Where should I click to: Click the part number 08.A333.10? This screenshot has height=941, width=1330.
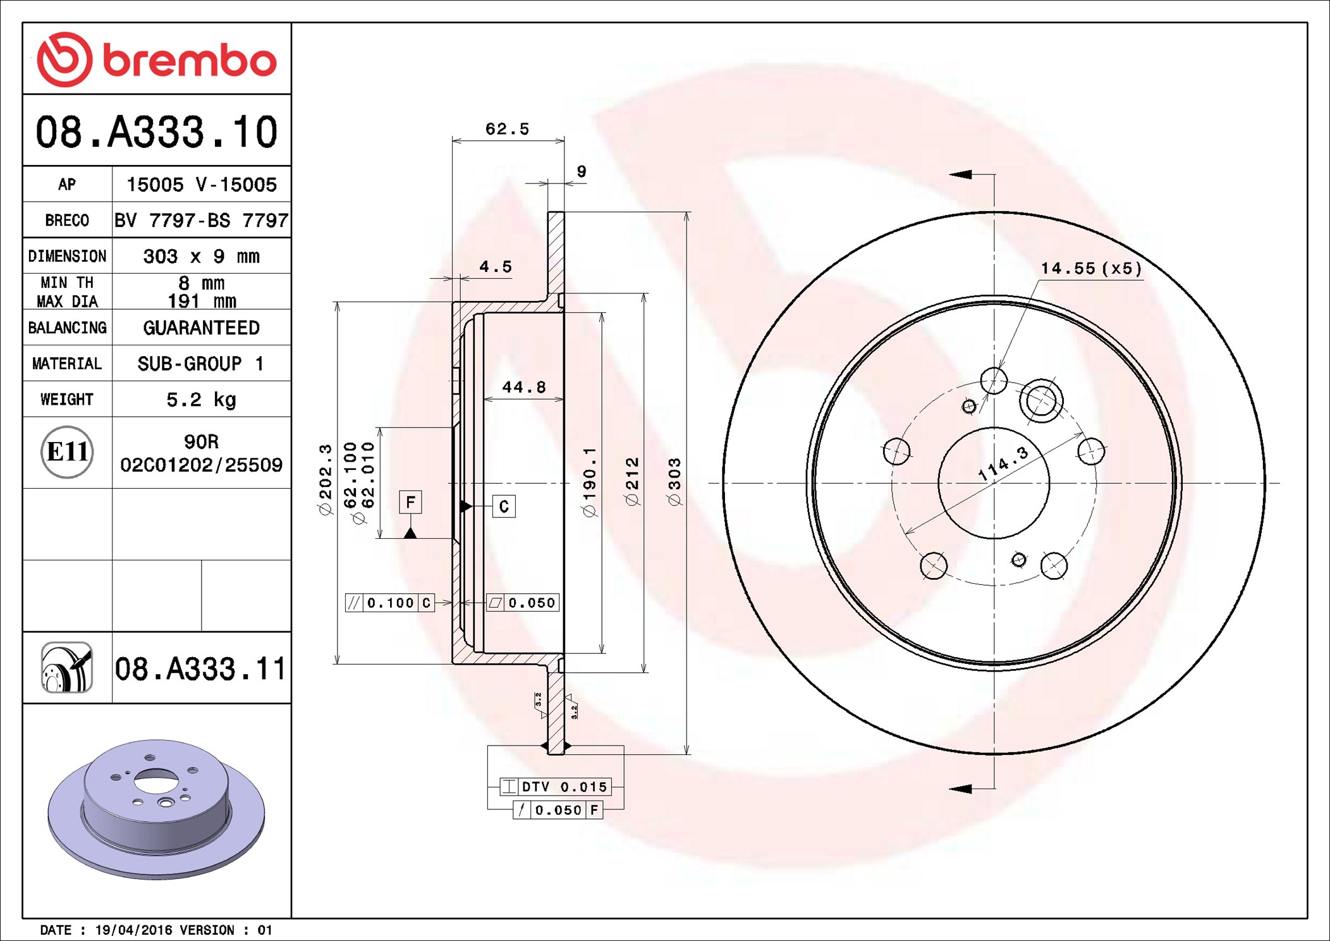point(156,132)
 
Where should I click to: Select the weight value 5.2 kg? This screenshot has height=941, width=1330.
point(201,400)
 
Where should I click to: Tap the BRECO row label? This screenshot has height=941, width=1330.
point(67,220)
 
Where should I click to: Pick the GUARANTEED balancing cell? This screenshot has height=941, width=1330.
point(201,328)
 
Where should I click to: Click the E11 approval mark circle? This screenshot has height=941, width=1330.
point(67,452)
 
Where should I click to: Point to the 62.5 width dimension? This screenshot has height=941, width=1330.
point(507,129)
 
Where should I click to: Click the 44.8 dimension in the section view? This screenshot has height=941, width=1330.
point(523,387)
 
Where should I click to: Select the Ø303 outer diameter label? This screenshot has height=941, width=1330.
point(674,482)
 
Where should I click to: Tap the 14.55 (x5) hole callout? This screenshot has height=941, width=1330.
point(1091,268)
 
